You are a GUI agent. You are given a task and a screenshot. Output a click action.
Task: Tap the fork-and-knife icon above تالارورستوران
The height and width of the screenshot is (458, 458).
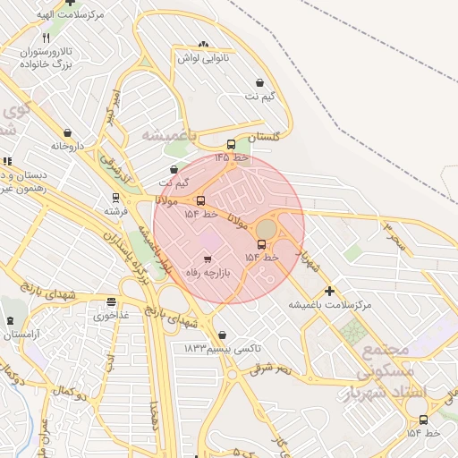point(47,38)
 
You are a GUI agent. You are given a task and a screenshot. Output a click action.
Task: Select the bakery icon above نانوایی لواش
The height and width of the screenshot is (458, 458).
point(203,46)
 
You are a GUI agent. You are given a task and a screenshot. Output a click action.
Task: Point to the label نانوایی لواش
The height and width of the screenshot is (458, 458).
point(203,58)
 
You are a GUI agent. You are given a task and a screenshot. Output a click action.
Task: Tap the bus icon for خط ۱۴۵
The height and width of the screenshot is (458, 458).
point(231,145)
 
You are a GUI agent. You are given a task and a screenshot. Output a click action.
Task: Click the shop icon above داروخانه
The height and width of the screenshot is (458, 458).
point(67,133)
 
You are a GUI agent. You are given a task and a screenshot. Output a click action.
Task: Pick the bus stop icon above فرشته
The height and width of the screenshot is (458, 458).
point(115,198)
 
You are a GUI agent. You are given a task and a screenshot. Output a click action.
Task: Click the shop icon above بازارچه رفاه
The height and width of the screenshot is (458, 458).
point(208,259)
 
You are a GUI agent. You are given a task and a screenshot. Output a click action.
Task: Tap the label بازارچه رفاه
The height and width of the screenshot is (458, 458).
point(208,272)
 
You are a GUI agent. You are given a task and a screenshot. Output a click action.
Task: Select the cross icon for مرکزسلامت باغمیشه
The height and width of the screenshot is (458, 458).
point(329,291)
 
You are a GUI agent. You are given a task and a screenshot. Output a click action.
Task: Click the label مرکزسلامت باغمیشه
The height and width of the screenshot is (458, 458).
point(329,305)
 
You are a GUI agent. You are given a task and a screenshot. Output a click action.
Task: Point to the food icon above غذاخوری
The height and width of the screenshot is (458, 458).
point(111,302)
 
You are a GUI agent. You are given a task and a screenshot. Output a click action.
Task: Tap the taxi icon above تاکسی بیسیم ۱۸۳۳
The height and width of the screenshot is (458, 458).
point(222,335)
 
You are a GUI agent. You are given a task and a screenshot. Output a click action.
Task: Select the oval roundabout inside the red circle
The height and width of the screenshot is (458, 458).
point(267,230)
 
